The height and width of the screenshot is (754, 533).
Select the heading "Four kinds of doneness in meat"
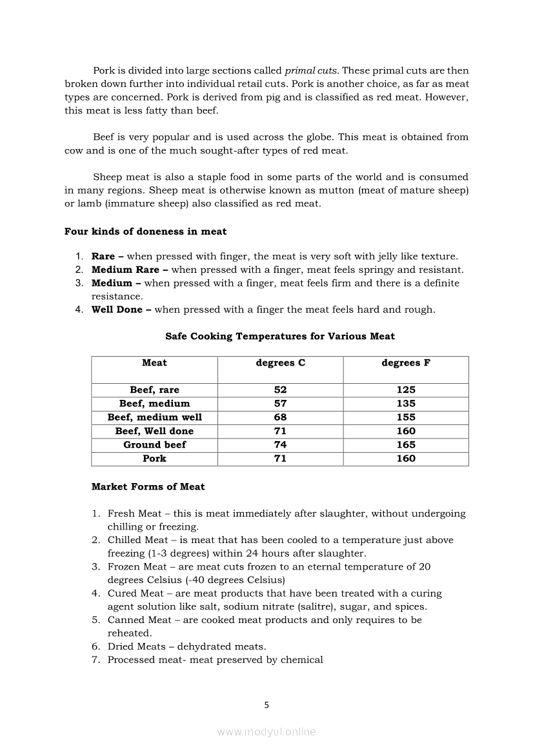pos(145,232)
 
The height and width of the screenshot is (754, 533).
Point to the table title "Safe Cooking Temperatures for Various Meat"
pos(280,336)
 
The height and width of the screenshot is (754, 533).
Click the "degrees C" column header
pos(280,363)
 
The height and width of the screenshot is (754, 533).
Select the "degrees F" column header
pos(406,363)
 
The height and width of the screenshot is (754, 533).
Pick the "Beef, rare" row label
pos(154,390)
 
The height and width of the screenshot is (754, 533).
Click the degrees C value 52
pos(280,390)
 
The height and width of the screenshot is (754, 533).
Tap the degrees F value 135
pos(406,404)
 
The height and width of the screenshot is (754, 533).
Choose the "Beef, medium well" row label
pos(154,417)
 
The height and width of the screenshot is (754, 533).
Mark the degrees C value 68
pos(280,417)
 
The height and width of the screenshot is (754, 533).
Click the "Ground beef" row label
pos(154,445)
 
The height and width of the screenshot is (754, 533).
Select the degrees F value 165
pos(406,445)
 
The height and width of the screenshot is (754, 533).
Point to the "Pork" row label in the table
pos(154,459)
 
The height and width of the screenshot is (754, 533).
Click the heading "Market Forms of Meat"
pos(148,487)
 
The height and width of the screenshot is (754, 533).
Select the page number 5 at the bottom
pos(266,705)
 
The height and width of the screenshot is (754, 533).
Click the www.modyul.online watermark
pos(266,731)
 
